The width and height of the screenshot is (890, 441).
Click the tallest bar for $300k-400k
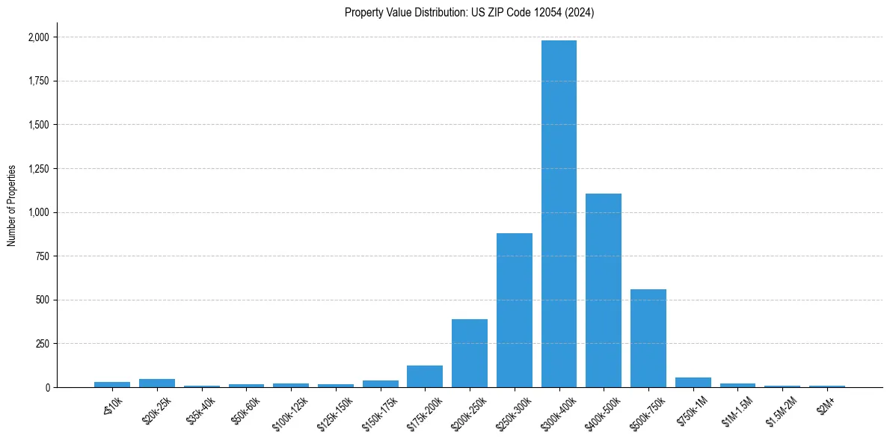click(x=559, y=214)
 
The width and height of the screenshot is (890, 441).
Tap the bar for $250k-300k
click(x=515, y=310)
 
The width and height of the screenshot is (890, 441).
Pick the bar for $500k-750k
click(x=648, y=338)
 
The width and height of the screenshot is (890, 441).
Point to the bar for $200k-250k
click(x=470, y=353)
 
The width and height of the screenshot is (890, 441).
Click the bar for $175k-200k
click(x=425, y=376)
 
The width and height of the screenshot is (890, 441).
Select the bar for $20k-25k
click(x=157, y=383)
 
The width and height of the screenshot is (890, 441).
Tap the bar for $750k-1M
click(x=693, y=382)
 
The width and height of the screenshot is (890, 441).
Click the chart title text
click(x=469, y=13)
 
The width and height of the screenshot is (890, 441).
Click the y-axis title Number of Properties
click(x=12, y=206)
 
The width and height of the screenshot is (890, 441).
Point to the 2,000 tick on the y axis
click(x=38, y=37)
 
